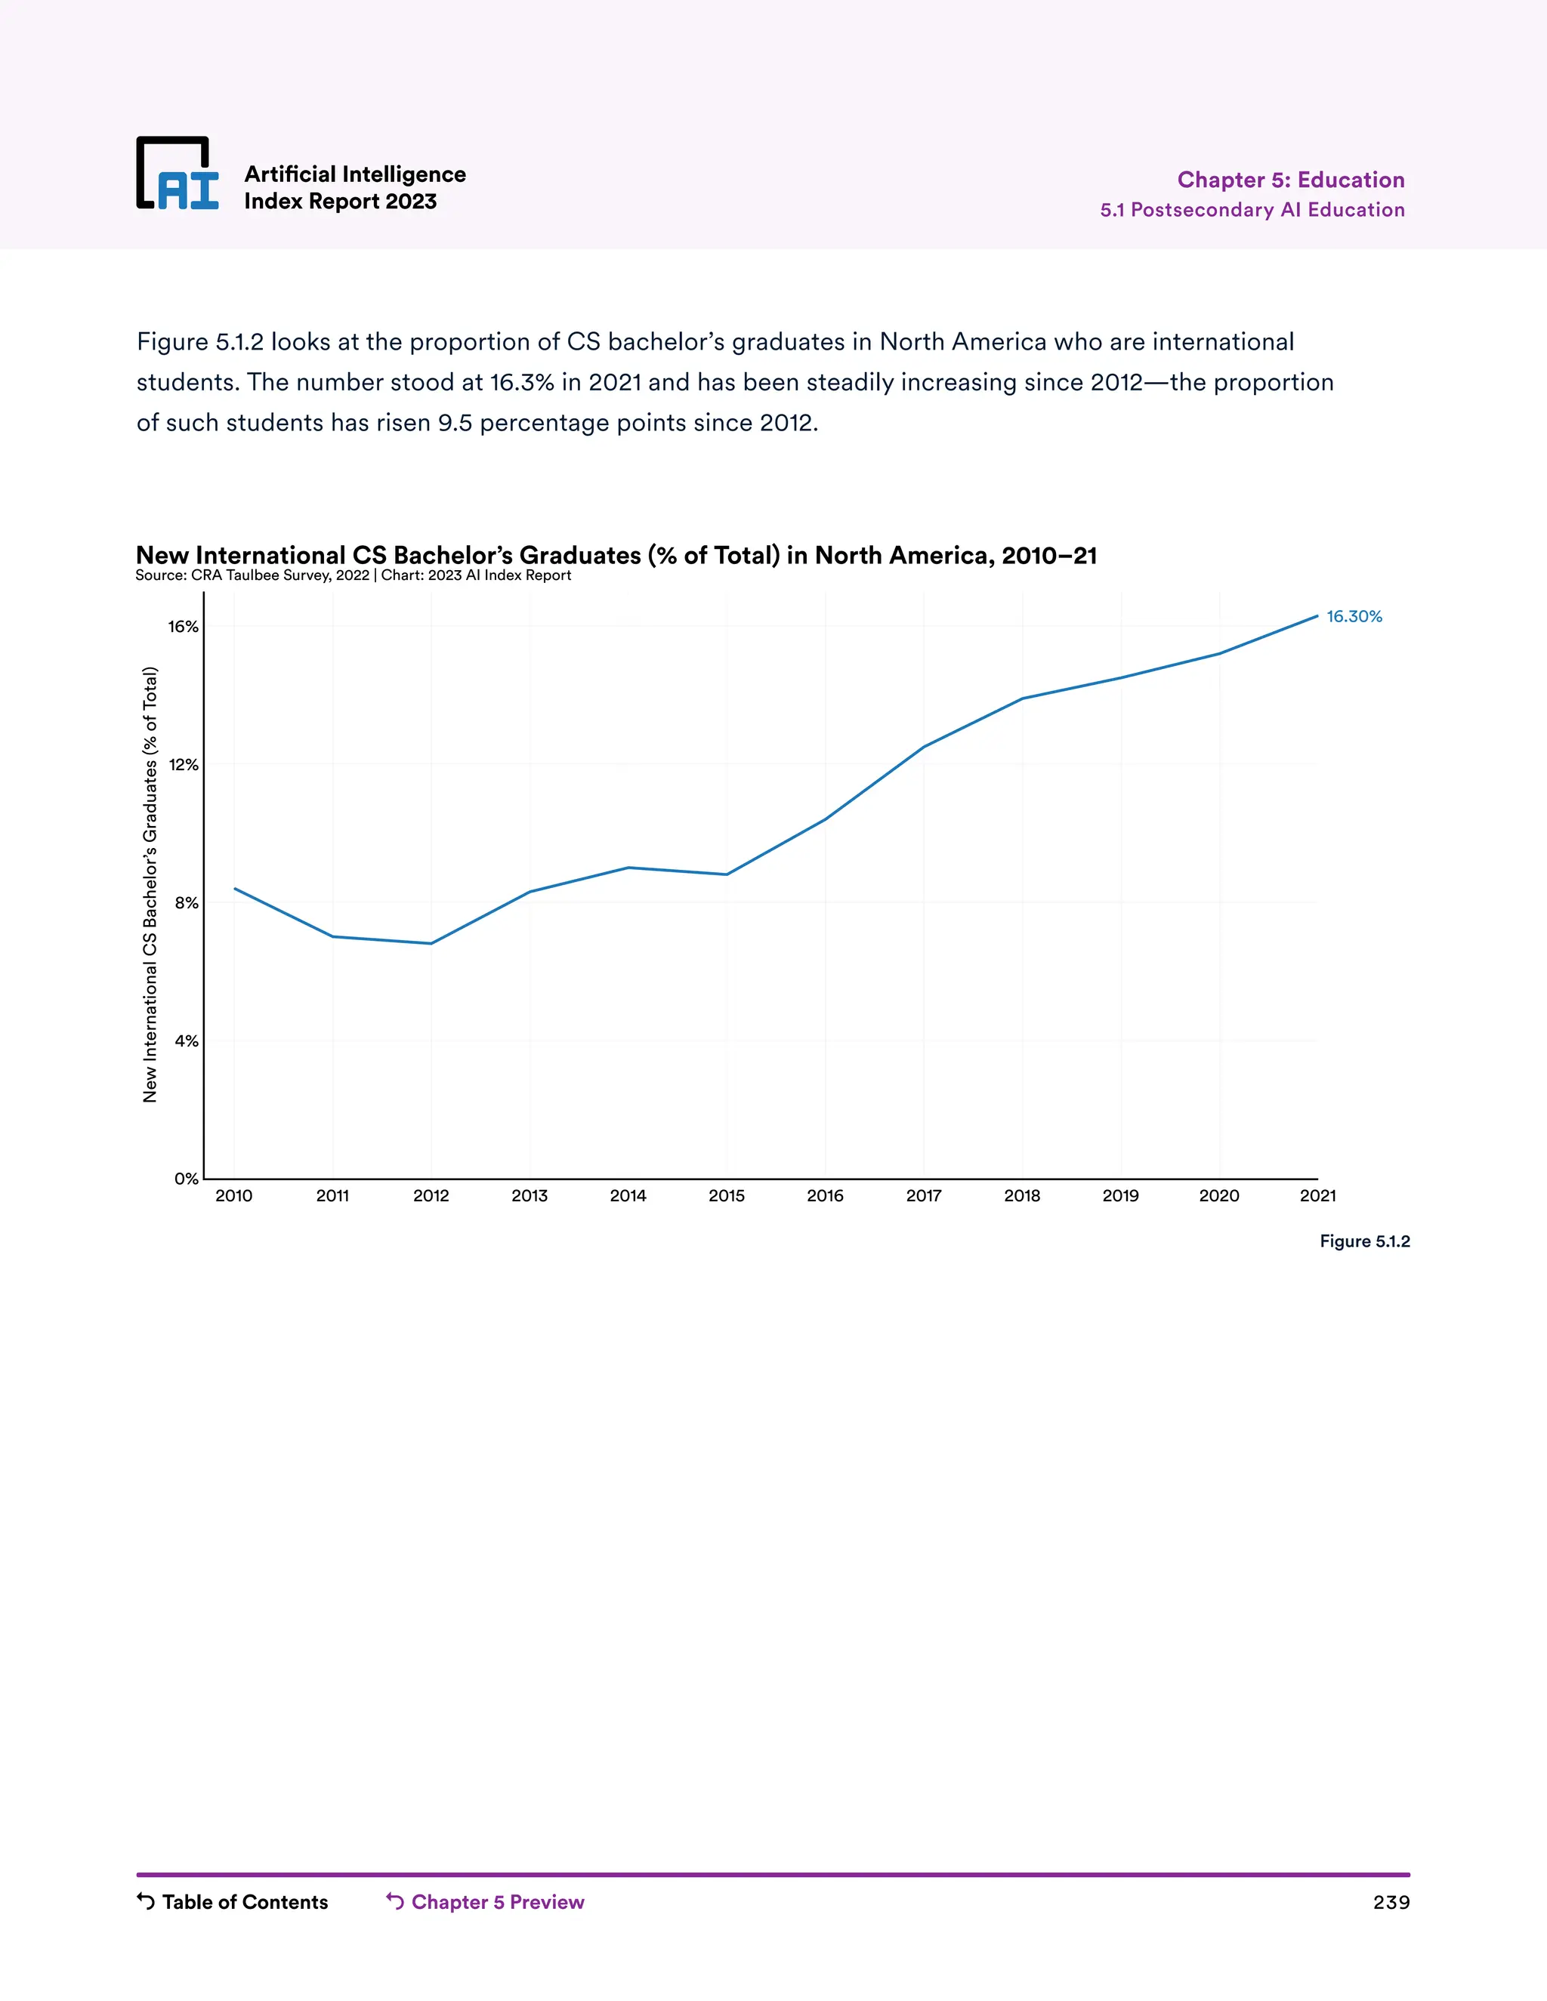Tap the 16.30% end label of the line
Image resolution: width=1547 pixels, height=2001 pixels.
(1354, 617)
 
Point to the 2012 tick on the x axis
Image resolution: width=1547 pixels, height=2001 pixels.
(431, 1195)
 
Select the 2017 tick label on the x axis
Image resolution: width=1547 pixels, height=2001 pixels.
(924, 1195)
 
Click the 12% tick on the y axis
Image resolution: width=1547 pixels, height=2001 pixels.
(184, 765)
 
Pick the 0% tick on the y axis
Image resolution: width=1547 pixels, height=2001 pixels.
(186, 1179)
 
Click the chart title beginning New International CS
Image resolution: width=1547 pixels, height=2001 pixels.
(616, 555)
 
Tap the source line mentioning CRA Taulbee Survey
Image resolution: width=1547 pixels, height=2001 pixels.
(353, 575)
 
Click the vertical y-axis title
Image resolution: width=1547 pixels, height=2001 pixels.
(150, 884)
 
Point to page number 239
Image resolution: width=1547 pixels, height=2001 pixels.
(1391, 1903)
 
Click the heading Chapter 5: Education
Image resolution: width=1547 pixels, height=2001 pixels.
(1290, 180)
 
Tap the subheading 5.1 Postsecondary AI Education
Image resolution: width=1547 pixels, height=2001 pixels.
(1252, 210)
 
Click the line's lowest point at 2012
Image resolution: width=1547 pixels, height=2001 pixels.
(431, 944)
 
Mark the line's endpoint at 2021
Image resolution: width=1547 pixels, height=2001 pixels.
(1317, 615)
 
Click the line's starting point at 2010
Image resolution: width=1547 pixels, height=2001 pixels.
(235, 888)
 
